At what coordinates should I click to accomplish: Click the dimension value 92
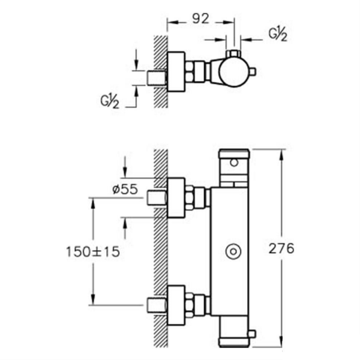point(200,19)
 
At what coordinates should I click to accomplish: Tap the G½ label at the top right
point(277,35)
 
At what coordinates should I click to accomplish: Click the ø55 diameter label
point(125,189)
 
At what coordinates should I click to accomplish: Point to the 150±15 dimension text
point(93,251)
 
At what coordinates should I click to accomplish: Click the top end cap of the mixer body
point(233,153)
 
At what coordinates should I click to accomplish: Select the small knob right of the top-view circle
point(253,73)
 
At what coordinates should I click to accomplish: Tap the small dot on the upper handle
point(233,163)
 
